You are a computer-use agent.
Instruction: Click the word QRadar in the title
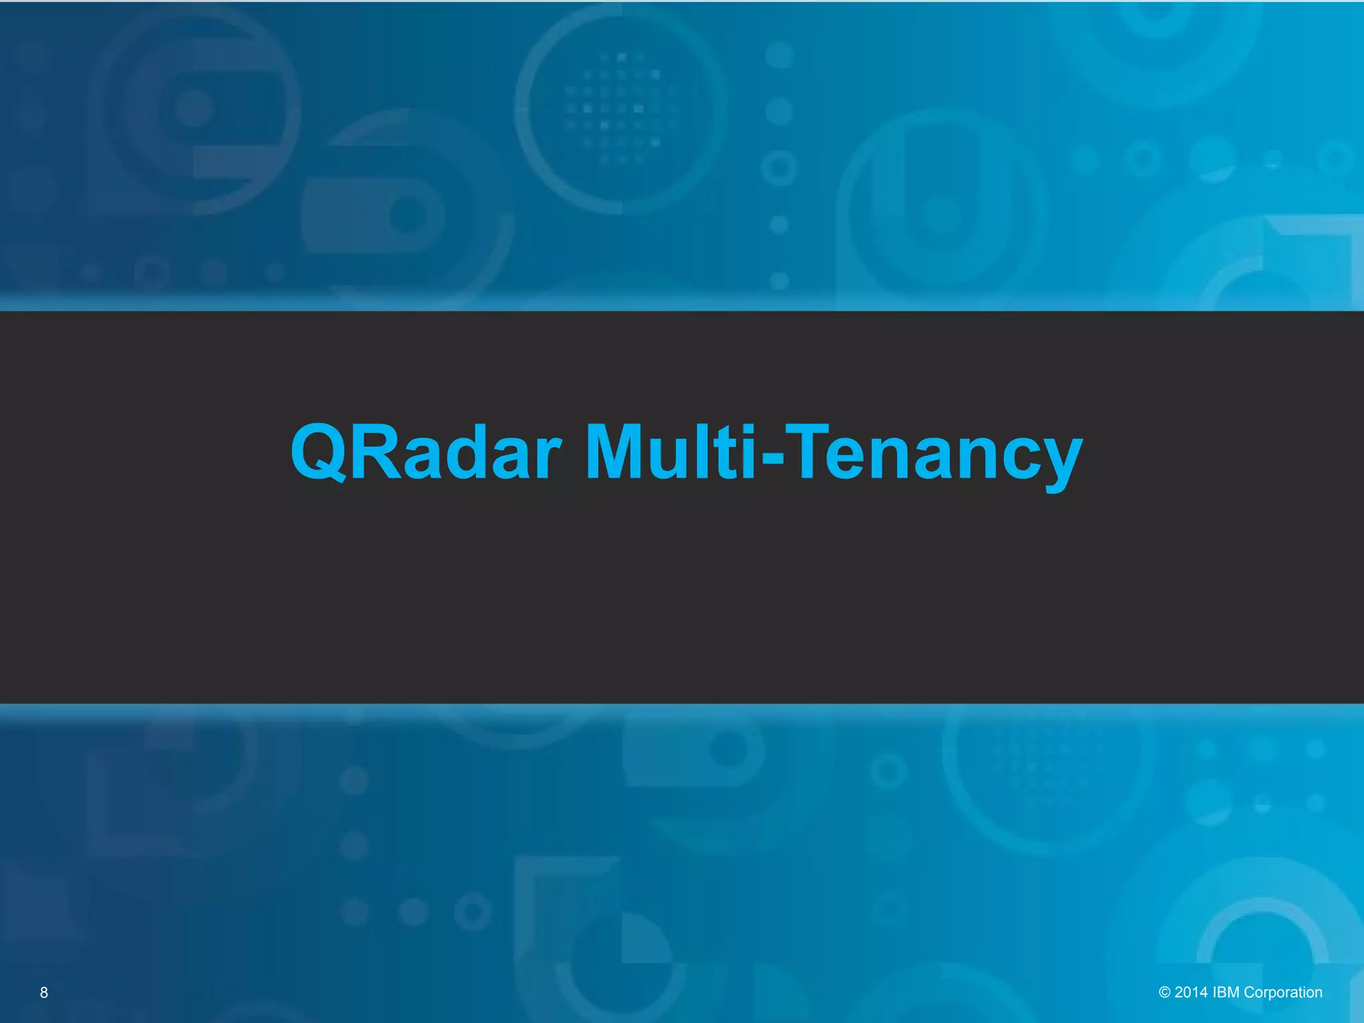coord(426,453)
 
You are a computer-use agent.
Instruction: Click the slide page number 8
coord(44,992)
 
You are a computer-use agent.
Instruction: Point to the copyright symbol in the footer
coord(1164,992)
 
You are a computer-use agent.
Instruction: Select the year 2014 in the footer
coord(1191,992)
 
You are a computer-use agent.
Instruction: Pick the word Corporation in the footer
coord(1283,992)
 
